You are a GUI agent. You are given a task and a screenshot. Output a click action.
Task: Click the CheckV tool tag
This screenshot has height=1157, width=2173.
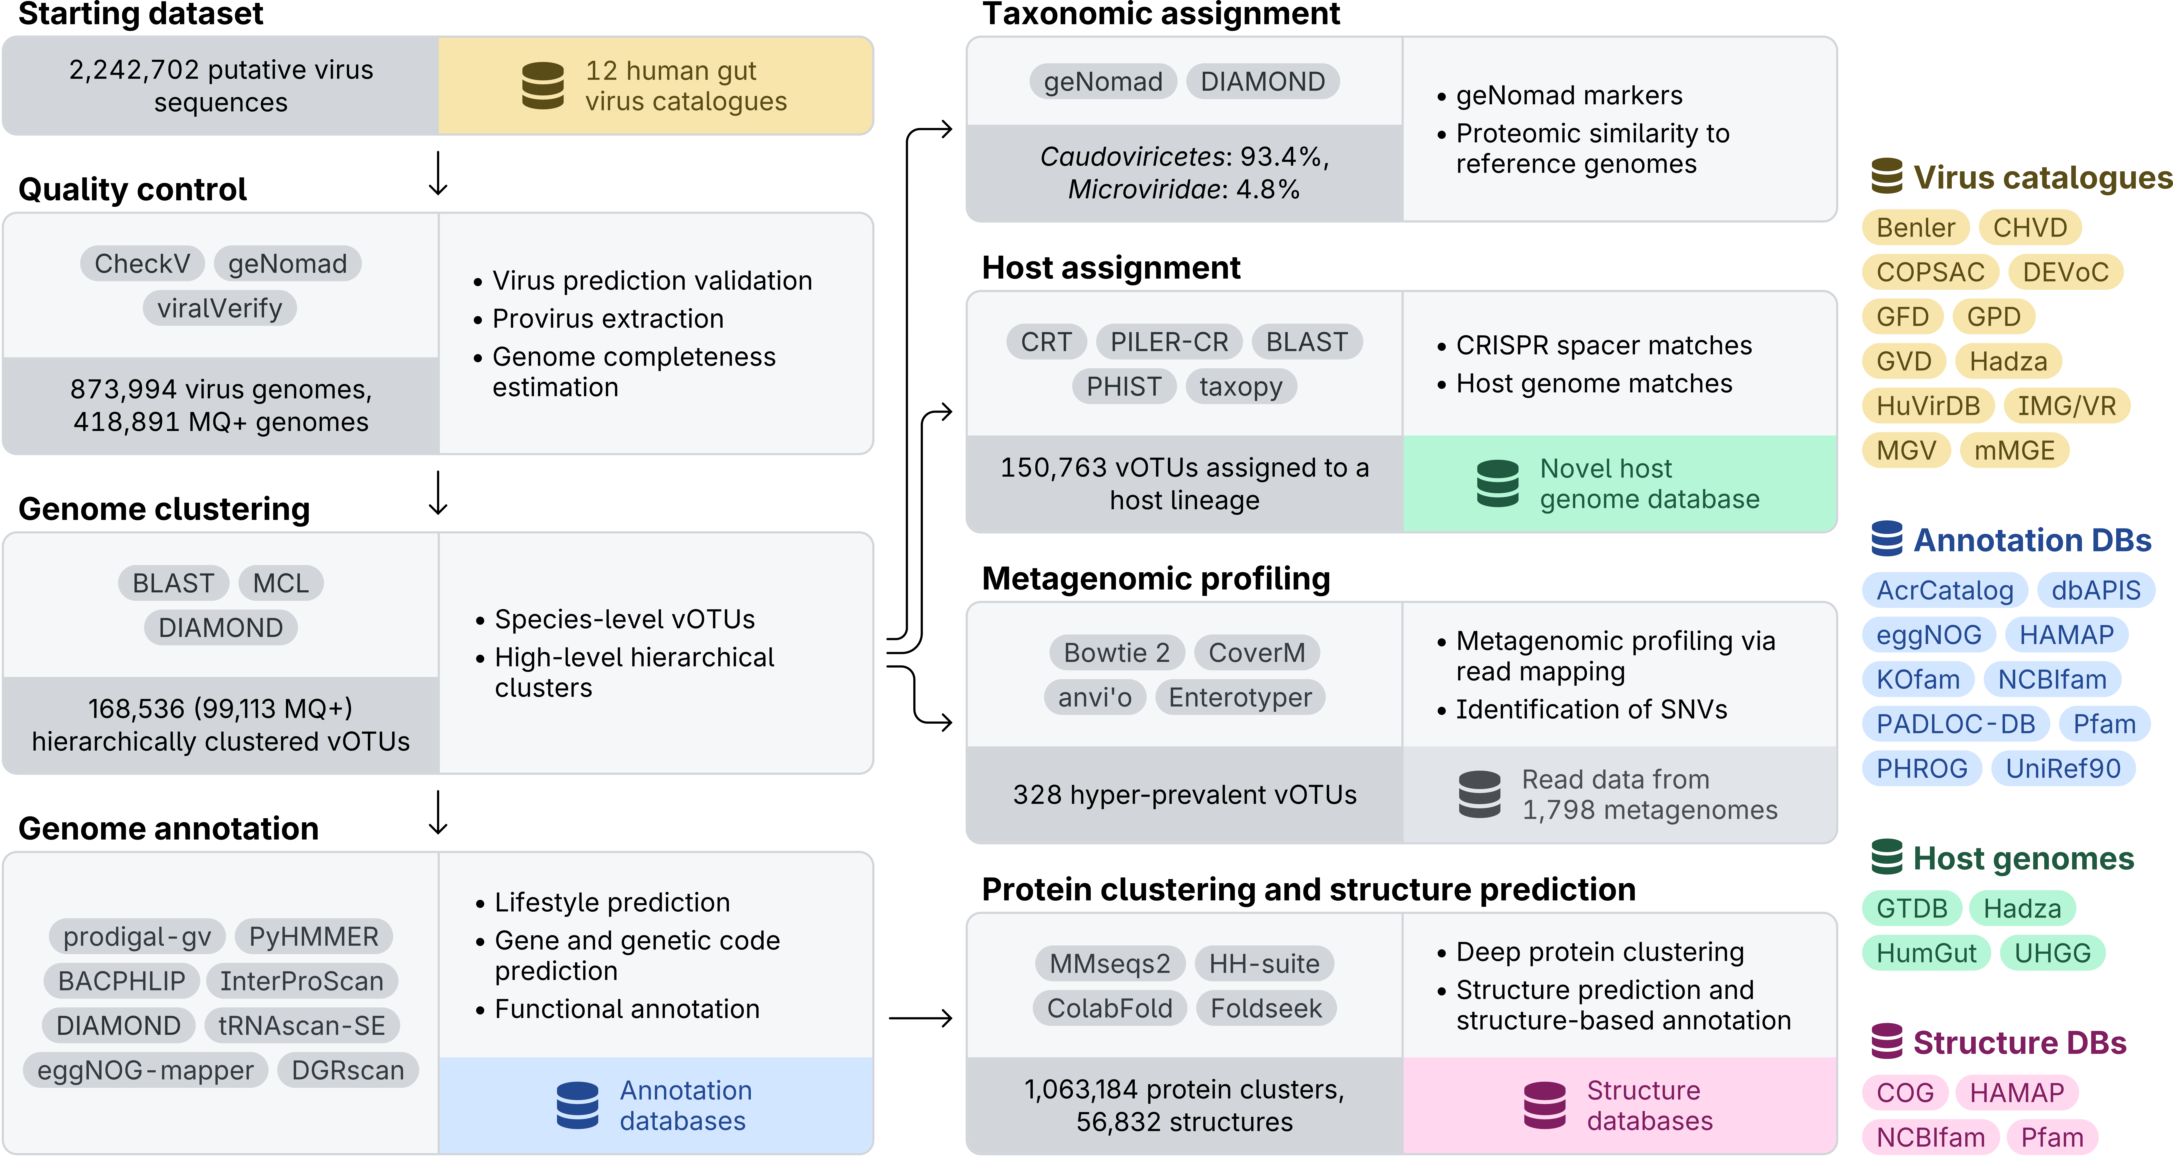tap(142, 264)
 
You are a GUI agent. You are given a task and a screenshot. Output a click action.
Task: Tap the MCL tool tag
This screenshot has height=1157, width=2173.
tap(281, 583)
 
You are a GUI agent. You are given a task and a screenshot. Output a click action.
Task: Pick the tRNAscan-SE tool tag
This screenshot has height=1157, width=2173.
tap(302, 1025)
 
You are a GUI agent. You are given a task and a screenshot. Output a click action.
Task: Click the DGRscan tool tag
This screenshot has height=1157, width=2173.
tap(347, 1070)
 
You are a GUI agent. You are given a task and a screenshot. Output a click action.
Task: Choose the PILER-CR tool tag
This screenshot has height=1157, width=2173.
tap(1169, 342)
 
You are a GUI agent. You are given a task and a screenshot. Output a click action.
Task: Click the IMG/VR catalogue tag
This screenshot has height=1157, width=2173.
tap(2067, 406)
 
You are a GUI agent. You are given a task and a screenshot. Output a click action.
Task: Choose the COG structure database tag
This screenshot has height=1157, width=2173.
tap(1905, 1093)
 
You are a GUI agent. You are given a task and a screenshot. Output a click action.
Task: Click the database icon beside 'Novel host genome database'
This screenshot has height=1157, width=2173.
tap(1497, 484)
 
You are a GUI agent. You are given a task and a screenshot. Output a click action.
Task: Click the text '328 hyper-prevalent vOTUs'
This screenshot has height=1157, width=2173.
tap(1184, 795)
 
